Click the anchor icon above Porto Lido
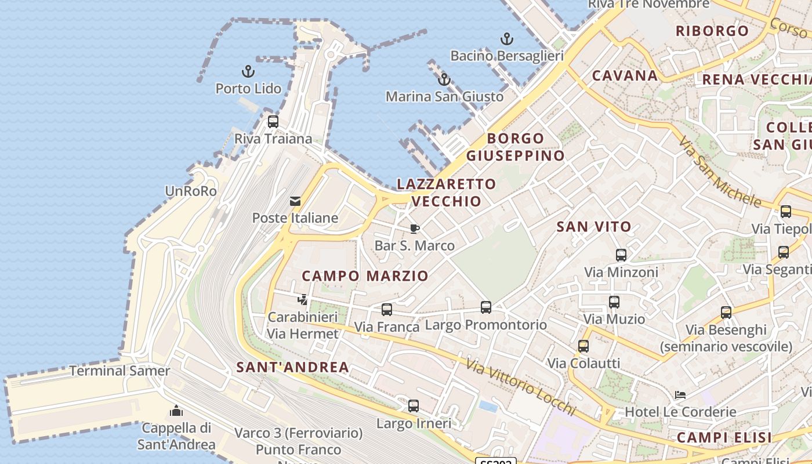(248, 72)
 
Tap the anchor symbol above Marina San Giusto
(444, 79)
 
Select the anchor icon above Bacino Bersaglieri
(507, 39)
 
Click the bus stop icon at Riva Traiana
(273, 122)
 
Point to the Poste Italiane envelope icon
(295, 201)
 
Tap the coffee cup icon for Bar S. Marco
(414, 229)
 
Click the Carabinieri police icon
(302, 300)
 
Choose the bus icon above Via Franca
(387, 310)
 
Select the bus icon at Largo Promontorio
(486, 307)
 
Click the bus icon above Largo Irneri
(414, 406)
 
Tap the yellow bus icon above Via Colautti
(583, 346)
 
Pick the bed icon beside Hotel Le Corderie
(680, 395)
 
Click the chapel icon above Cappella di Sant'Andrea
(176, 411)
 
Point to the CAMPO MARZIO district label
(365, 276)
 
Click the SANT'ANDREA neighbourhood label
(293, 367)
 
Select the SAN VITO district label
(594, 227)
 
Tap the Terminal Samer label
(119, 371)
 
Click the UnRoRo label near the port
(191, 191)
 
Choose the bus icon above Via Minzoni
(621, 255)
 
